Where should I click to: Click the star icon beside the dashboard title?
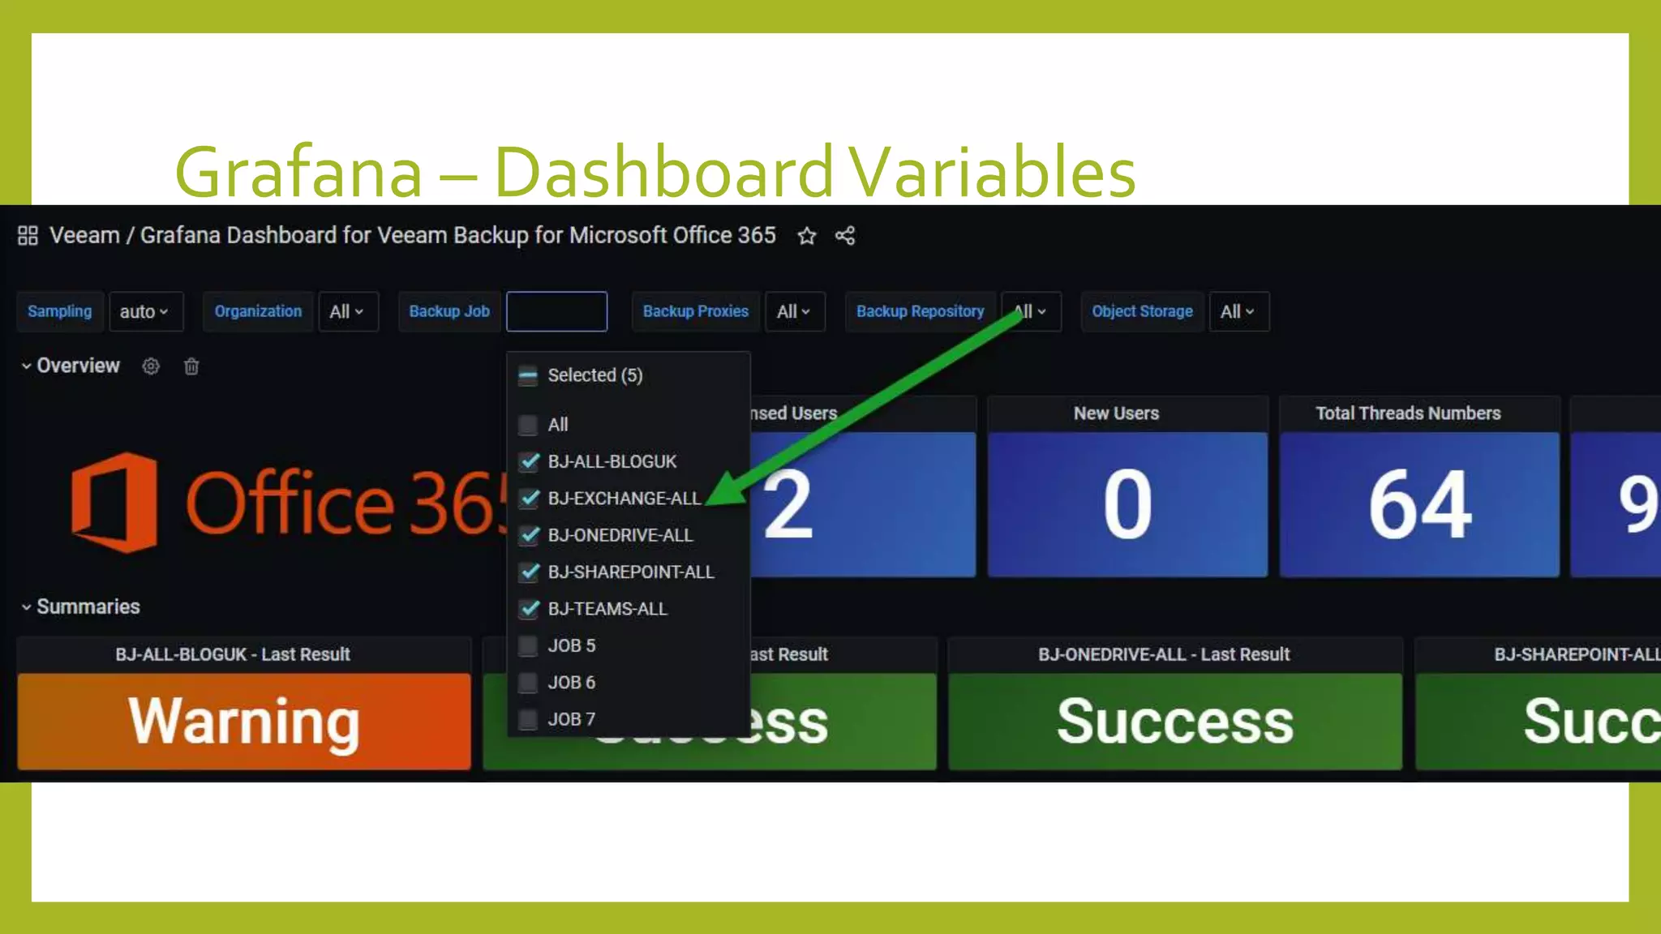806,236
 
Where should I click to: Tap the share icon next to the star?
845,236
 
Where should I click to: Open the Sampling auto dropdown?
145,312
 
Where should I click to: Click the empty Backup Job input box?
556,312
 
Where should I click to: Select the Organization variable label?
258,312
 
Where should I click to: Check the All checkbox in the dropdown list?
528,425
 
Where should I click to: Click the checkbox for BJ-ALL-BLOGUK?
529,462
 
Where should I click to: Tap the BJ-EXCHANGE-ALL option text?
624,499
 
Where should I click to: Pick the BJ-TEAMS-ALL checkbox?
529,609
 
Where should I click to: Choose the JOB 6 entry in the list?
571,683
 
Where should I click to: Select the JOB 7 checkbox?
528,719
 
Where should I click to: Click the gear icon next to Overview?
151,366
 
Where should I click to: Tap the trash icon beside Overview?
191,366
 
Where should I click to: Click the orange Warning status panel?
243,721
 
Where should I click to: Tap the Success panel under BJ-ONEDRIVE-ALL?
1174,721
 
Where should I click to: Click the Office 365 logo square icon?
114,503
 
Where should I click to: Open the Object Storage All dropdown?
1238,312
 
